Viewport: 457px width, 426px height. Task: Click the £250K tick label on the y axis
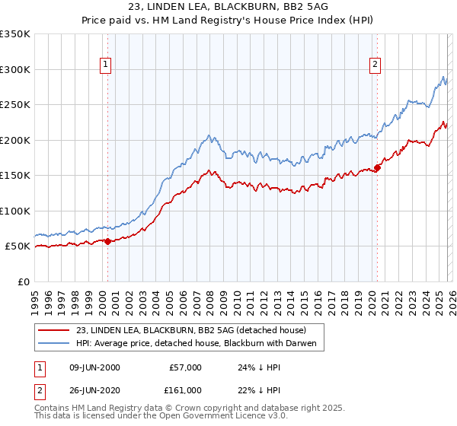point(15,104)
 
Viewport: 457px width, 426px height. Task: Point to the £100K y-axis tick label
point(15,211)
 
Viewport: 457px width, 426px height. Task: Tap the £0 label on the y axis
point(24,281)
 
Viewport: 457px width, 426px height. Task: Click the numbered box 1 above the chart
point(105,65)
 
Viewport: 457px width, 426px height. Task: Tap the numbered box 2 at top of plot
point(376,65)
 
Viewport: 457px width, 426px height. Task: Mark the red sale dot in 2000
point(107,241)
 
